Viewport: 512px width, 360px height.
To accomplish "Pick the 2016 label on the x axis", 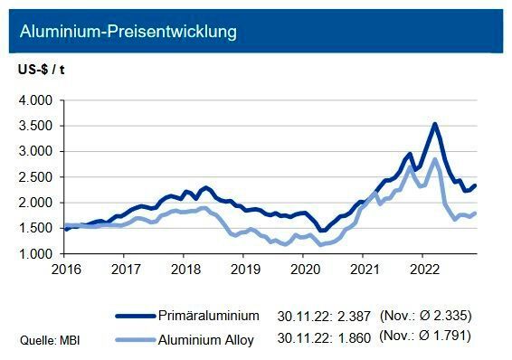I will [66, 269].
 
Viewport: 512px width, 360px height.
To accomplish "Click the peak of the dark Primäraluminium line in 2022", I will [435, 124].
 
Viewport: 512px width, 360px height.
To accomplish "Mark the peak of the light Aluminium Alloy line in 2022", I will [436, 159].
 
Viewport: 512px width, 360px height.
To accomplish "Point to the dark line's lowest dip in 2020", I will [322, 231].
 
